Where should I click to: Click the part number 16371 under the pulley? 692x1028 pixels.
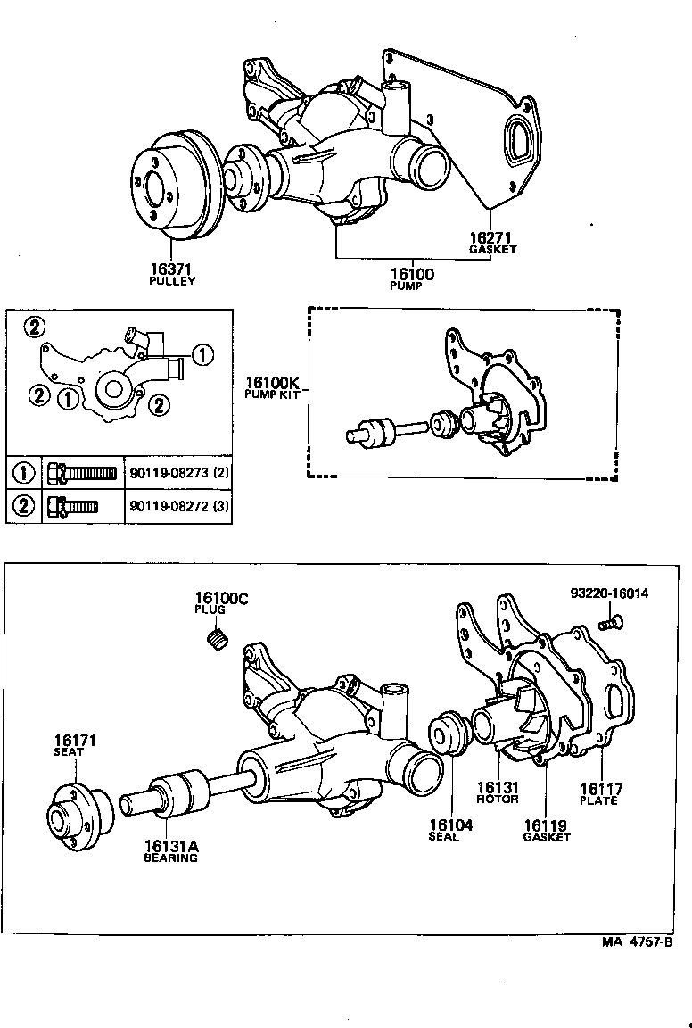click(172, 268)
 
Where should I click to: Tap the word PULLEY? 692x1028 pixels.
click(172, 280)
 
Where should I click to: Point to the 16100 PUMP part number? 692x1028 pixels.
click(412, 274)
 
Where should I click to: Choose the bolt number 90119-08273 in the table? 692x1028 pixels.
click(174, 472)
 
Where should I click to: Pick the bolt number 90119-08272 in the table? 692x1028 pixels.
click(174, 508)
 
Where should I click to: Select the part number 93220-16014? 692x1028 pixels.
click(610, 593)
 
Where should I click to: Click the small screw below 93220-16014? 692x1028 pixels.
click(611, 623)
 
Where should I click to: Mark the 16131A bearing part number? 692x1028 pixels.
click(171, 845)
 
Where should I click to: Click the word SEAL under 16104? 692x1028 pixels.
click(443, 837)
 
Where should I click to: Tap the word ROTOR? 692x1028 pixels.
click(497, 799)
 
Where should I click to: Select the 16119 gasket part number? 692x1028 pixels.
click(547, 825)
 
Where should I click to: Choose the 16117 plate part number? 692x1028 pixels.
click(601, 789)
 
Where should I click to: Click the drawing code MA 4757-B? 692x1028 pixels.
click(636, 941)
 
